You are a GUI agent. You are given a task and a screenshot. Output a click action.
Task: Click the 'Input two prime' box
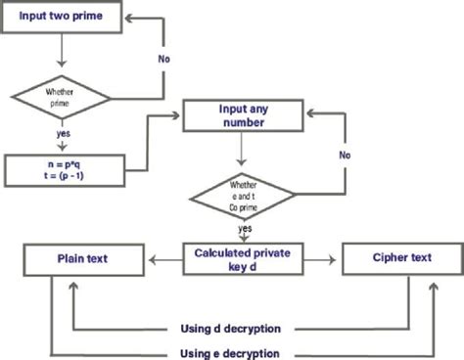[63, 18]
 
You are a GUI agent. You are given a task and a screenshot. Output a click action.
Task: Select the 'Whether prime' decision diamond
[63, 98]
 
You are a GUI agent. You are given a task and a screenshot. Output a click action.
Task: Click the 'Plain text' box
[83, 259]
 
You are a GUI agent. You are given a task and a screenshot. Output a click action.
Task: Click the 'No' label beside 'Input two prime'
[165, 58]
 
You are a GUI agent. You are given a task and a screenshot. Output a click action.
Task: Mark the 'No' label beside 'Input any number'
[344, 155]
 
